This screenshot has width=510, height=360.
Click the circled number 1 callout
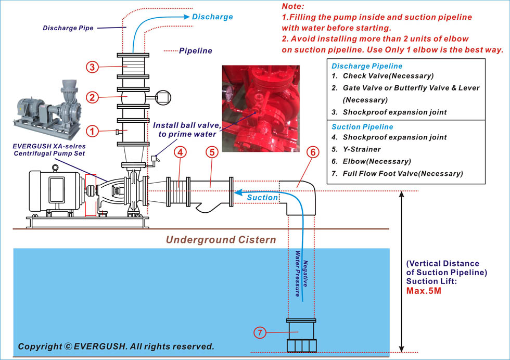click(x=92, y=131)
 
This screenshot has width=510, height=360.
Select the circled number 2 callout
click(x=92, y=97)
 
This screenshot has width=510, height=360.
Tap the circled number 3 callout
click(x=92, y=67)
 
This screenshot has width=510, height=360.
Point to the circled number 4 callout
click(x=180, y=153)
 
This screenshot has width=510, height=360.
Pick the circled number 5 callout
click(x=211, y=153)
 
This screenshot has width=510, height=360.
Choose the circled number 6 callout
click(x=312, y=153)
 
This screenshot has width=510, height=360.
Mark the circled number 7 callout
click(x=260, y=332)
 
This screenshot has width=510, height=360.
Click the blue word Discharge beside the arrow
click(x=212, y=17)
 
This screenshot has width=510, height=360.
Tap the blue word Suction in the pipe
click(x=262, y=198)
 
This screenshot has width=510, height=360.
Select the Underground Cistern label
click(x=221, y=240)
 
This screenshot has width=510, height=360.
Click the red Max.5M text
click(x=424, y=290)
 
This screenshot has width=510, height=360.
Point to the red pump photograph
click(x=260, y=108)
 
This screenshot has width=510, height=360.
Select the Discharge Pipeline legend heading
click(x=367, y=66)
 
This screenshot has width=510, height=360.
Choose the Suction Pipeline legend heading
click(x=362, y=127)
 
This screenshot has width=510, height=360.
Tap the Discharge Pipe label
click(x=68, y=28)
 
